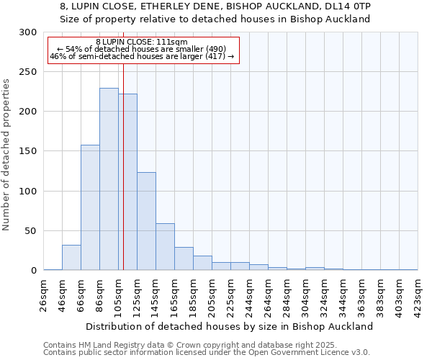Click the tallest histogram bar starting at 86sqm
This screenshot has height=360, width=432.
(x=109, y=179)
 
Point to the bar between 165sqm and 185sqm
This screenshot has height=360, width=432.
(x=184, y=258)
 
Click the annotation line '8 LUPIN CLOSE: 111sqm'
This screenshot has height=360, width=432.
(x=142, y=42)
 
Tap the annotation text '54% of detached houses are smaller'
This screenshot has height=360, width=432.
(x=142, y=49)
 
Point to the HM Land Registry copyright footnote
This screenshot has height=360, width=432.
(x=207, y=345)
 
